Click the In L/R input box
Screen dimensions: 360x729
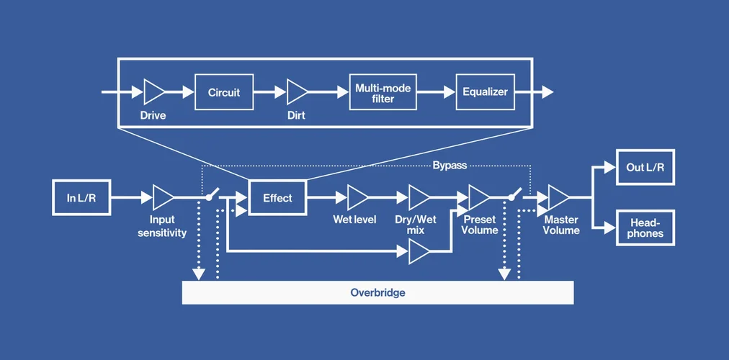click(81, 197)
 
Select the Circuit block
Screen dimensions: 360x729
click(224, 92)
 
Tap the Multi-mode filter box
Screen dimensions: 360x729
click(383, 92)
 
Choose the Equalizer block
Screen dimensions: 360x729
click(486, 92)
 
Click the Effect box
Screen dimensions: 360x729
click(277, 197)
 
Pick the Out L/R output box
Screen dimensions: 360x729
click(645, 167)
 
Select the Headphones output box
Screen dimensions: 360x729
click(645, 228)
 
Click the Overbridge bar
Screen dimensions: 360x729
click(378, 292)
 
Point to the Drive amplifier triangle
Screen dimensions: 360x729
click(153, 92)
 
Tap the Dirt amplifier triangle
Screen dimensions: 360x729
click(296, 92)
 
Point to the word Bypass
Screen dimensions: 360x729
click(450, 166)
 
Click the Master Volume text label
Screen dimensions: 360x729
click(561, 225)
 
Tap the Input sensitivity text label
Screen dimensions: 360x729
click(162, 226)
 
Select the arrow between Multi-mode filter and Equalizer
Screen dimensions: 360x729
click(437, 92)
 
